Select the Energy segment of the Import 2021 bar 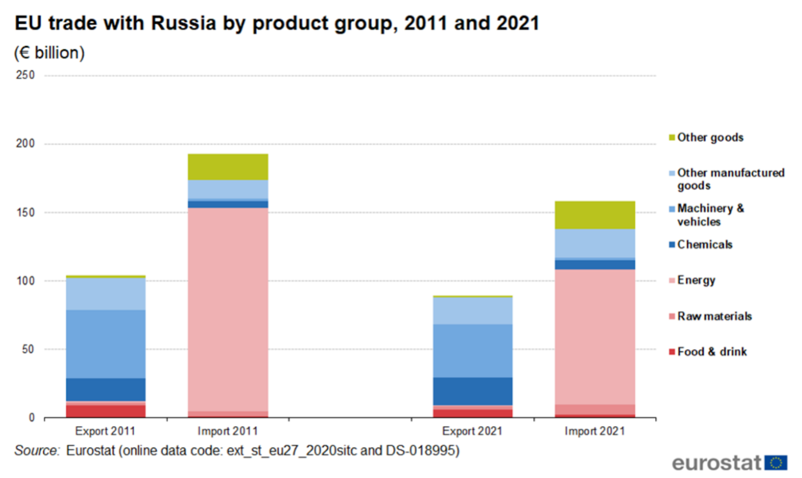tap(594, 337)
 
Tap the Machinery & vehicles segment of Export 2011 tap(105, 344)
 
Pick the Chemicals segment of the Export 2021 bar tap(473, 391)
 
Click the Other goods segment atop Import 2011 tap(228, 167)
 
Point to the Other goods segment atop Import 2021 tap(594, 215)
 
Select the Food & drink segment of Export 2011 tap(105, 411)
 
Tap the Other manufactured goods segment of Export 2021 tap(473, 311)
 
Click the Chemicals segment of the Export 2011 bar tap(105, 389)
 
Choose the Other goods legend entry tap(710, 137)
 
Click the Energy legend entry tap(696, 280)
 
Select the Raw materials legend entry tap(714, 316)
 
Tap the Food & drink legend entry tap(711, 352)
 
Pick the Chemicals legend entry tap(704, 245)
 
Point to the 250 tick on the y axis tap(25, 75)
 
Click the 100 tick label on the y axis tap(25, 281)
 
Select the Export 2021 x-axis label tap(472, 431)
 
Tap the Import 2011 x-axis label tap(228, 431)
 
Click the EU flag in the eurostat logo tap(775, 463)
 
